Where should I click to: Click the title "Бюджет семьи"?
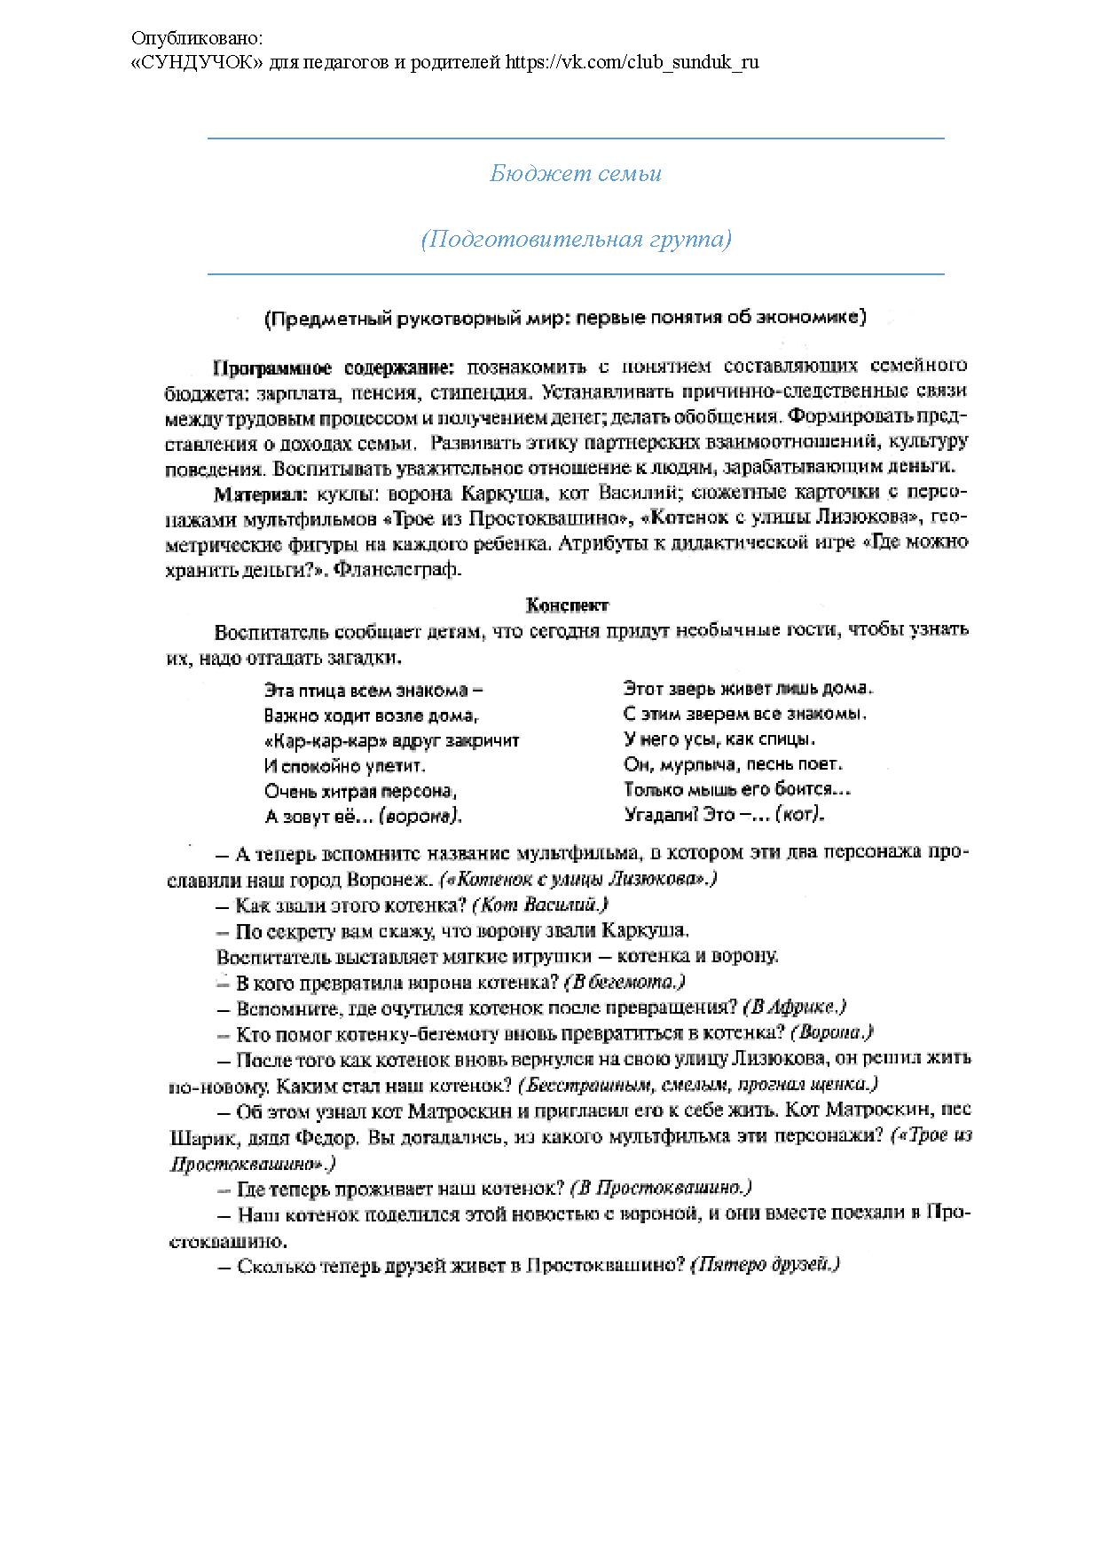tap(576, 173)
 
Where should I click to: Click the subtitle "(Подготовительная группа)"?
tap(576, 240)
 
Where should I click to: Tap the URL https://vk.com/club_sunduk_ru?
tap(632, 62)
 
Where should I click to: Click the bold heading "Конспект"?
tap(568, 605)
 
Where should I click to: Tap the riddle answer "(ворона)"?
tap(420, 816)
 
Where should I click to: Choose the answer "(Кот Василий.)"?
tap(540, 905)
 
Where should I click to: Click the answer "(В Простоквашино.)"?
tap(661, 1188)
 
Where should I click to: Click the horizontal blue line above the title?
tap(576, 138)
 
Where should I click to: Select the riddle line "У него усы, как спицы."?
tap(719, 739)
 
